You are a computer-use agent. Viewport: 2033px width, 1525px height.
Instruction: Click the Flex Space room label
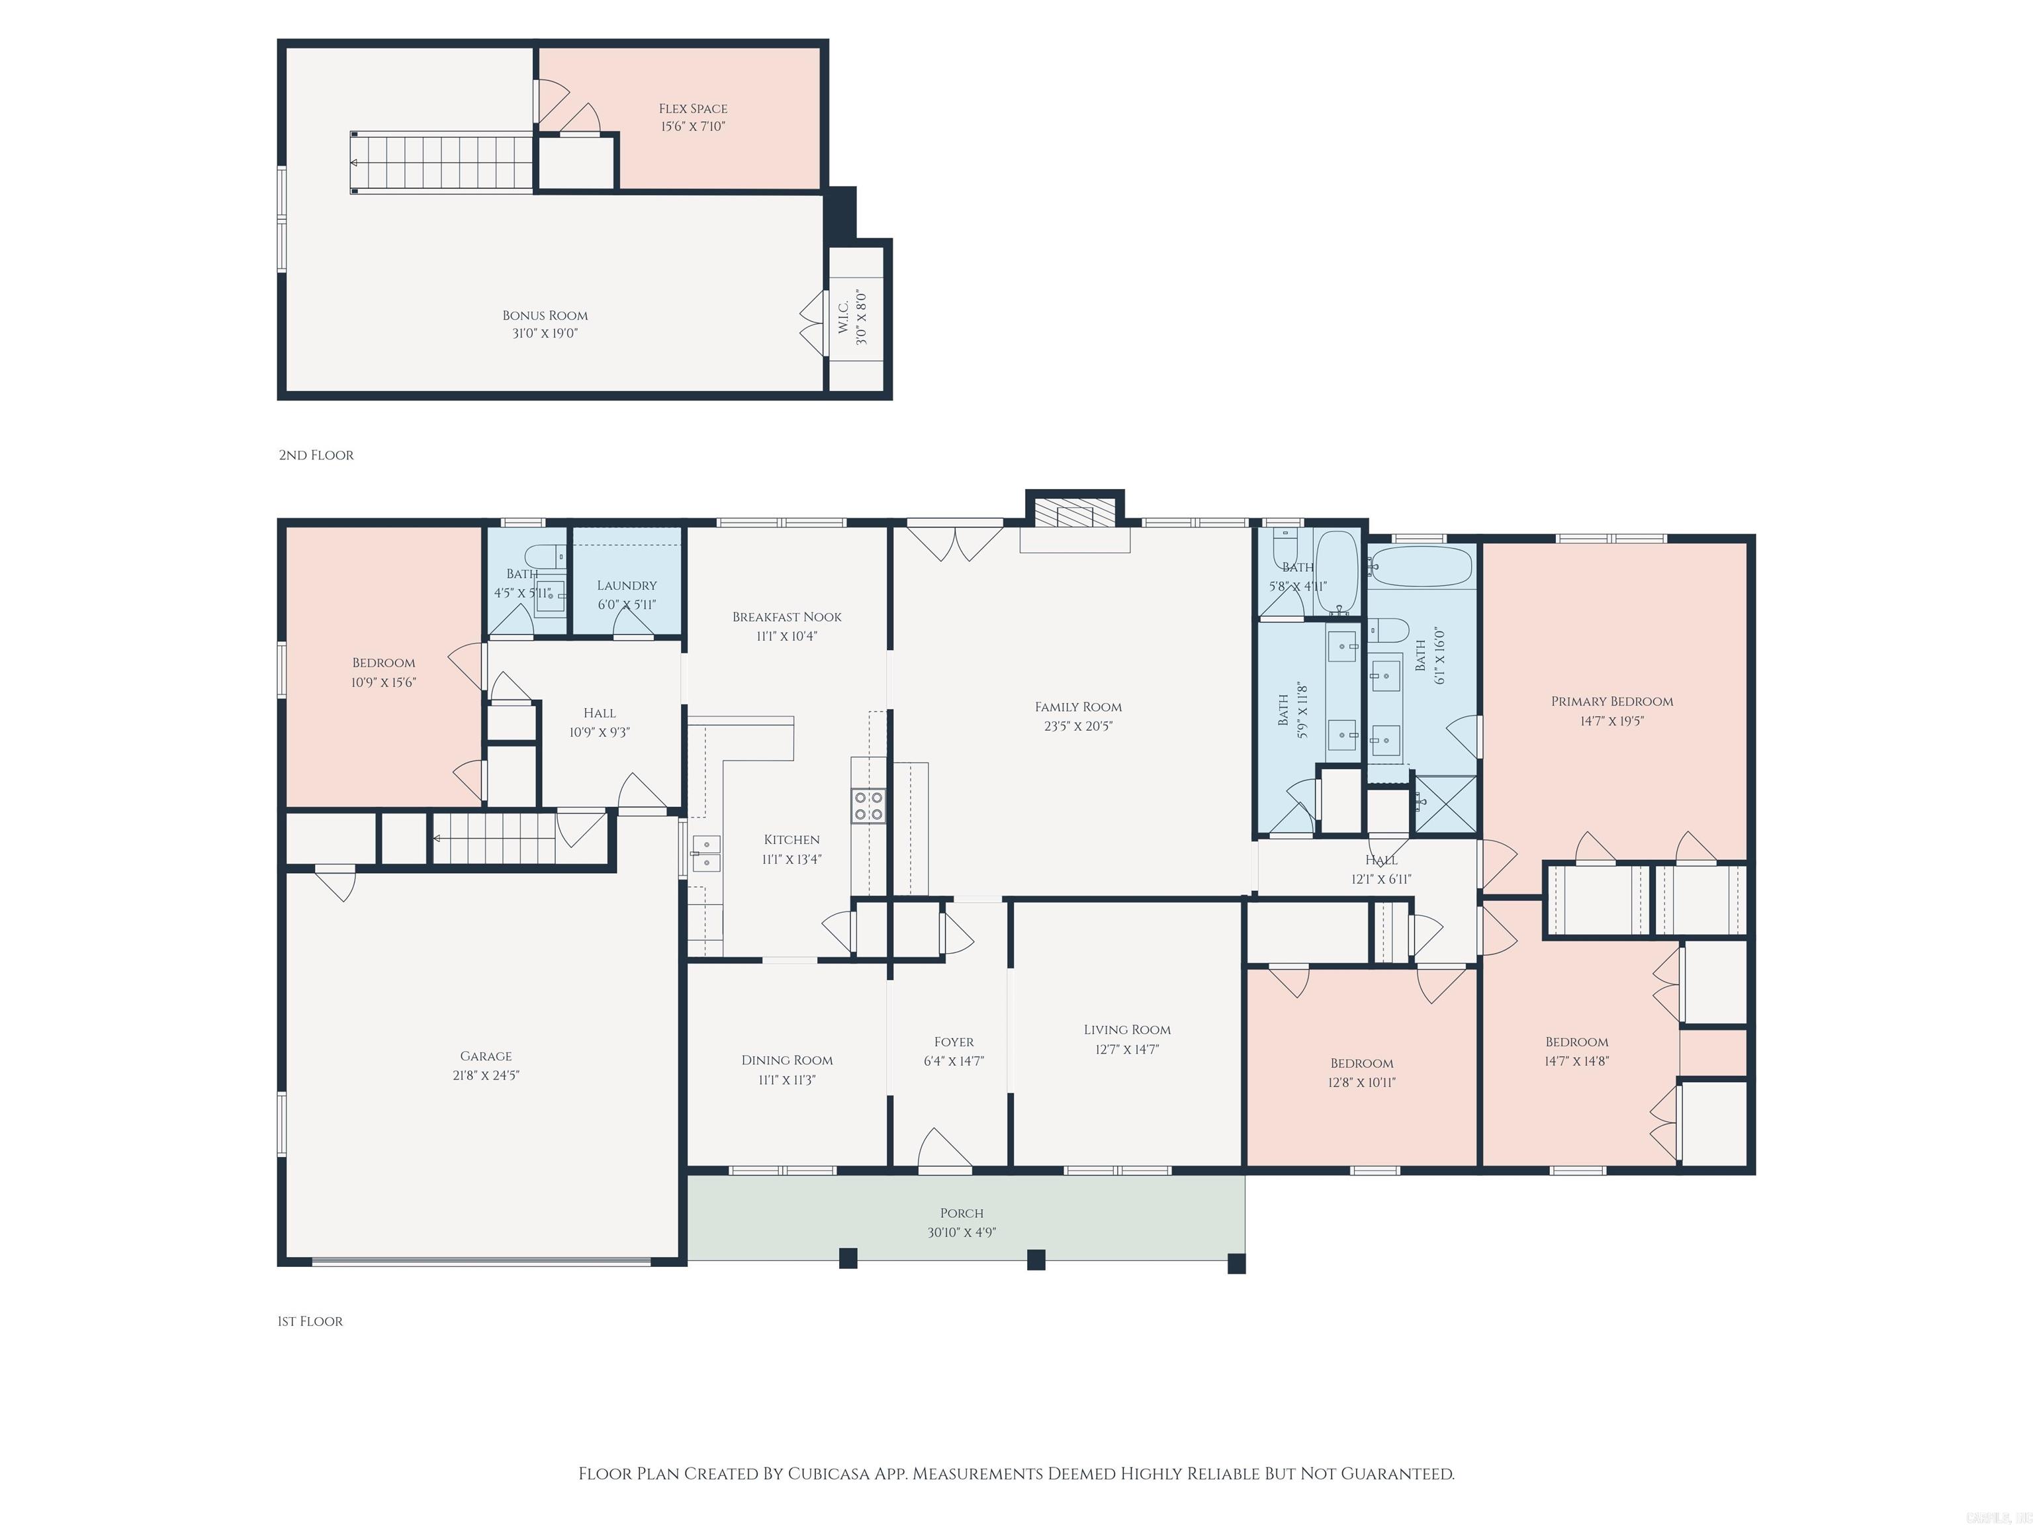(693, 109)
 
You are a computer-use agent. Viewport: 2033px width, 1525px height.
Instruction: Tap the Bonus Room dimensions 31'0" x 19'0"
(545, 334)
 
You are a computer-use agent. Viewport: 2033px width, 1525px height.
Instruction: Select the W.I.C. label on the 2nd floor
(844, 317)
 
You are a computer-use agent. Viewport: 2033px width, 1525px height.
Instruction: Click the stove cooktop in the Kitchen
(868, 806)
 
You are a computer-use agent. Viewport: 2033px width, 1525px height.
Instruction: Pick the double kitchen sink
(706, 853)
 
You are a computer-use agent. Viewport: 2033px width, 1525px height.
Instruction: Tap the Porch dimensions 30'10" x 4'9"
(962, 1232)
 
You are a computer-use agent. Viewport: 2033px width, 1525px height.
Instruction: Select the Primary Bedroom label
(1612, 702)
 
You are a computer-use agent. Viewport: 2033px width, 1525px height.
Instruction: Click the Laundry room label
(627, 586)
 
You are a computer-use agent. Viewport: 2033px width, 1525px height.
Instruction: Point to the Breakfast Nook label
(787, 617)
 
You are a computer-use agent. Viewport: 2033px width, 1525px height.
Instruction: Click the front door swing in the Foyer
(945, 1150)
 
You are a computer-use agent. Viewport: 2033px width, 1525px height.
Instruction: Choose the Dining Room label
(788, 1060)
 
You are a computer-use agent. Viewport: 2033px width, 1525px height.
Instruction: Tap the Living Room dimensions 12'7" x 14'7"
(1127, 1050)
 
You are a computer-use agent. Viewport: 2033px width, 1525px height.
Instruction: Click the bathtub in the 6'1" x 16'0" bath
(1421, 567)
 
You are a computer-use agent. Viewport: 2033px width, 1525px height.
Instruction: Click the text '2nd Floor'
(316, 455)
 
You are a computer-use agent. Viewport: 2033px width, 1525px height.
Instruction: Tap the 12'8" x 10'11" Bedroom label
(1362, 1064)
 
